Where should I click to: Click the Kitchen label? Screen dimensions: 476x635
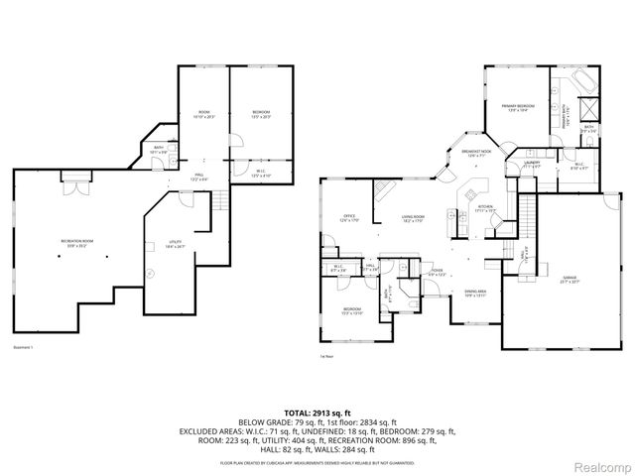484,209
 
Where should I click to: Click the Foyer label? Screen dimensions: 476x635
437,272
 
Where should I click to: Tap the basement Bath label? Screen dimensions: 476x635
159,151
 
